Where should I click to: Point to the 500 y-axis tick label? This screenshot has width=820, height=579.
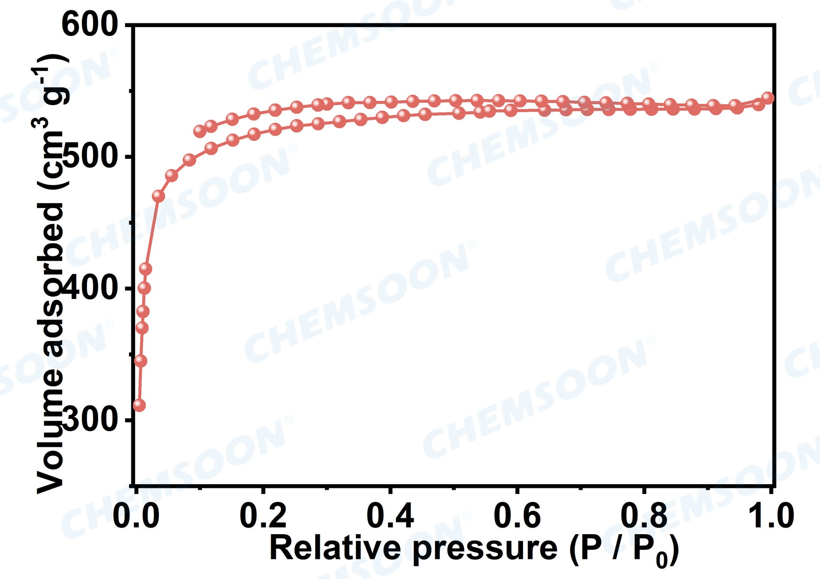click(x=91, y=157)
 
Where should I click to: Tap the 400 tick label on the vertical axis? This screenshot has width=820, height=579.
click(x=91, y=288)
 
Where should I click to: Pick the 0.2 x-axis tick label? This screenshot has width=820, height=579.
click(x=263, y=516)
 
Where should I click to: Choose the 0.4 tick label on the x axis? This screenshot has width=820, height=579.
click(x=390, y=516)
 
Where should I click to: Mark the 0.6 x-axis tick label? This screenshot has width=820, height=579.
click(x=517, y=516)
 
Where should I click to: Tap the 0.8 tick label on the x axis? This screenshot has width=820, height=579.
click(x=644, y=516)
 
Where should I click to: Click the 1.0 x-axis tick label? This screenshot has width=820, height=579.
click(x=770, y=516)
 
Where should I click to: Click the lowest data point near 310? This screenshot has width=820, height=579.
click(x=139, y=405)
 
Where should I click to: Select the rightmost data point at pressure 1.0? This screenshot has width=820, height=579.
click(x=768, y=98)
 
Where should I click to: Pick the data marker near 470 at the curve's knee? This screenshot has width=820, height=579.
click(x=158, y=196)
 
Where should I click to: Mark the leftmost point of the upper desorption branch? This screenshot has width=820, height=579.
click(x=200, y=131)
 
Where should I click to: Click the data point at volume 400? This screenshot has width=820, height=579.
click(x=144, y=288)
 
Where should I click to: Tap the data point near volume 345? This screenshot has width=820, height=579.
click(x=141, y=361)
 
